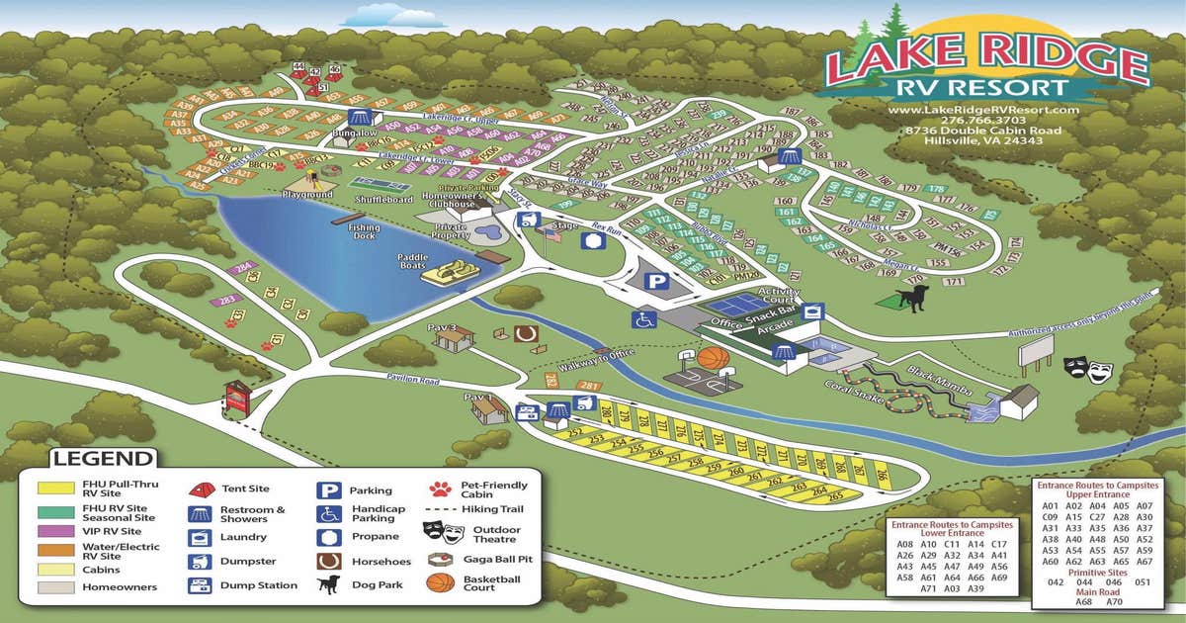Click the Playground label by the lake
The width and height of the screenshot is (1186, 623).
307,195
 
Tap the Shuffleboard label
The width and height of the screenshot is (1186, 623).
384,199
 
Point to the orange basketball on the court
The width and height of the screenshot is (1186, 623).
714,358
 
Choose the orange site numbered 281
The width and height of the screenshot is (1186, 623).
590,386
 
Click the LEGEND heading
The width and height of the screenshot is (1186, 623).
103,459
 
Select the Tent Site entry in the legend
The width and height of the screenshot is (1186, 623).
245,489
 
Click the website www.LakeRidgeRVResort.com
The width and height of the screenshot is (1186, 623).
986,108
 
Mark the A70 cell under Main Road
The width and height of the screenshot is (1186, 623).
1116,601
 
